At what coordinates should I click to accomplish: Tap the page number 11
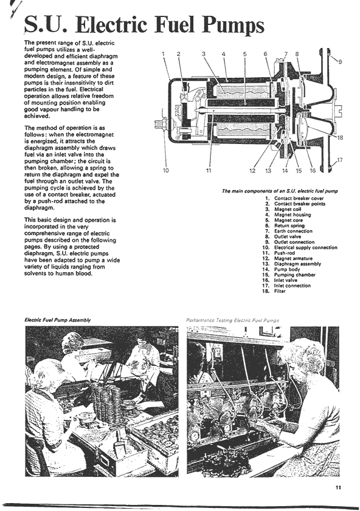coord(338,487)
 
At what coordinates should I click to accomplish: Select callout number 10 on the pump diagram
coord(165,171)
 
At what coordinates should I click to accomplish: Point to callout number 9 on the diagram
coord(340,61)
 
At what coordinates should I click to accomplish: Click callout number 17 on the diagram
coord(340,160)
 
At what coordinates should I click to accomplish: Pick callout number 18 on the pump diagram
coord(340,137)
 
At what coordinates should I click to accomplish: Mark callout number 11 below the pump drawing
coord(209,171)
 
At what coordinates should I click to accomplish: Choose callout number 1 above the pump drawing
coord(164,54)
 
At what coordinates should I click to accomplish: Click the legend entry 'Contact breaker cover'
coord(299,198)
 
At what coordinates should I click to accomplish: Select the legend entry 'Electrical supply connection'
coord(305,247)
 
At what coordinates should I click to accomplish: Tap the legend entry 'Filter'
coord(280,291)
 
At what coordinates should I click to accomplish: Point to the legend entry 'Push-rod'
coord(285,253)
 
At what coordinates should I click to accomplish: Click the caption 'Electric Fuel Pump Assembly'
coord(57,320)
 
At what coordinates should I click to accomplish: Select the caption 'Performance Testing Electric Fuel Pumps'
coord(232,320)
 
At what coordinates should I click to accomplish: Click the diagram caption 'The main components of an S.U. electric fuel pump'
coord(280,191)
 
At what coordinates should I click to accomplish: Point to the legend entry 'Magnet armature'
coord(293,258)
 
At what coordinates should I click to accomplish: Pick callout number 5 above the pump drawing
coord(245,54)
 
